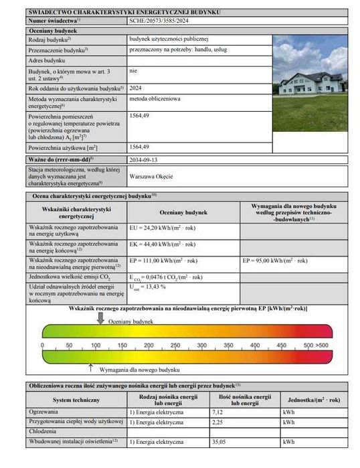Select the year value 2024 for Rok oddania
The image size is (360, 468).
[x=135, y=87]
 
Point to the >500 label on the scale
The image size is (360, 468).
[x=322, y=345]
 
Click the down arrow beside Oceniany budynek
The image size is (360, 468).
[x=100, y=319]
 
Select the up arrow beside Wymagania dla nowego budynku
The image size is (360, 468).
[x=90, y=367]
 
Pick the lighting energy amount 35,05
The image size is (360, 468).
[x=219, y=442]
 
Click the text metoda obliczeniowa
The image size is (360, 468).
[x=156, y=100]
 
